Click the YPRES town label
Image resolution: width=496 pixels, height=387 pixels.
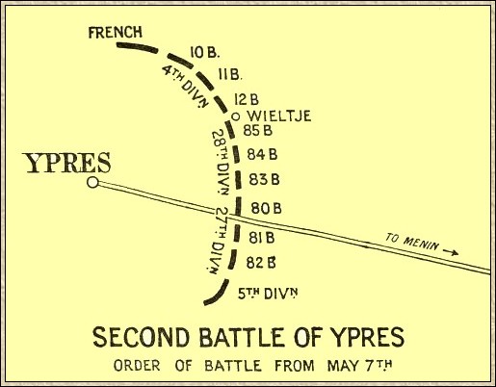[x=68, y=163]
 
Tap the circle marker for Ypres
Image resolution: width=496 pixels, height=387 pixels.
[x=92, y=182]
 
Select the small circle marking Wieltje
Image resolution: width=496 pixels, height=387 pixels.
[x=236, y=116]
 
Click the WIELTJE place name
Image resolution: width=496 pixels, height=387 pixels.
[x=280, y=116]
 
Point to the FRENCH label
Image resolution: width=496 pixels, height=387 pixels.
[x=115, y=32]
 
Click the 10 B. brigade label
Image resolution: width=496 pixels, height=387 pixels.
[x=204, y=52]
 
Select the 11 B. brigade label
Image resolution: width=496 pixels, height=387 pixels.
[x=230, y=75]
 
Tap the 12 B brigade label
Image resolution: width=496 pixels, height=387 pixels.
[x=247, y=100]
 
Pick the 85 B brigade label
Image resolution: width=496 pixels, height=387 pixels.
[x=258, y=130]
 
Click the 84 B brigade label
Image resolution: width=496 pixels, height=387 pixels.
[x=262, y=155]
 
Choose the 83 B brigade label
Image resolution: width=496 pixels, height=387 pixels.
[x=264, y=179]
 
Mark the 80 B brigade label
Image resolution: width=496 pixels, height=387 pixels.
[x=267, y=209]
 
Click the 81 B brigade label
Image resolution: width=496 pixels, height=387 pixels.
[x=262, y=238]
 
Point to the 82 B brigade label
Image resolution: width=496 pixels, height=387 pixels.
[x=261, y=263]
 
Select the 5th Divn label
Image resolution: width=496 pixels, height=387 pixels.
[x=268, y=294]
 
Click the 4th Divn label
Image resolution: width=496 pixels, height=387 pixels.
[x=184, y=86]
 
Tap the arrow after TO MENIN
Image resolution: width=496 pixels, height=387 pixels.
[x=451, y=251]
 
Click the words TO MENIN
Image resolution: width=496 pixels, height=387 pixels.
[x=411, y=242]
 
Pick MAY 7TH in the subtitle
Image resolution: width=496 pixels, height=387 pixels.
[x=359, y=366]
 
